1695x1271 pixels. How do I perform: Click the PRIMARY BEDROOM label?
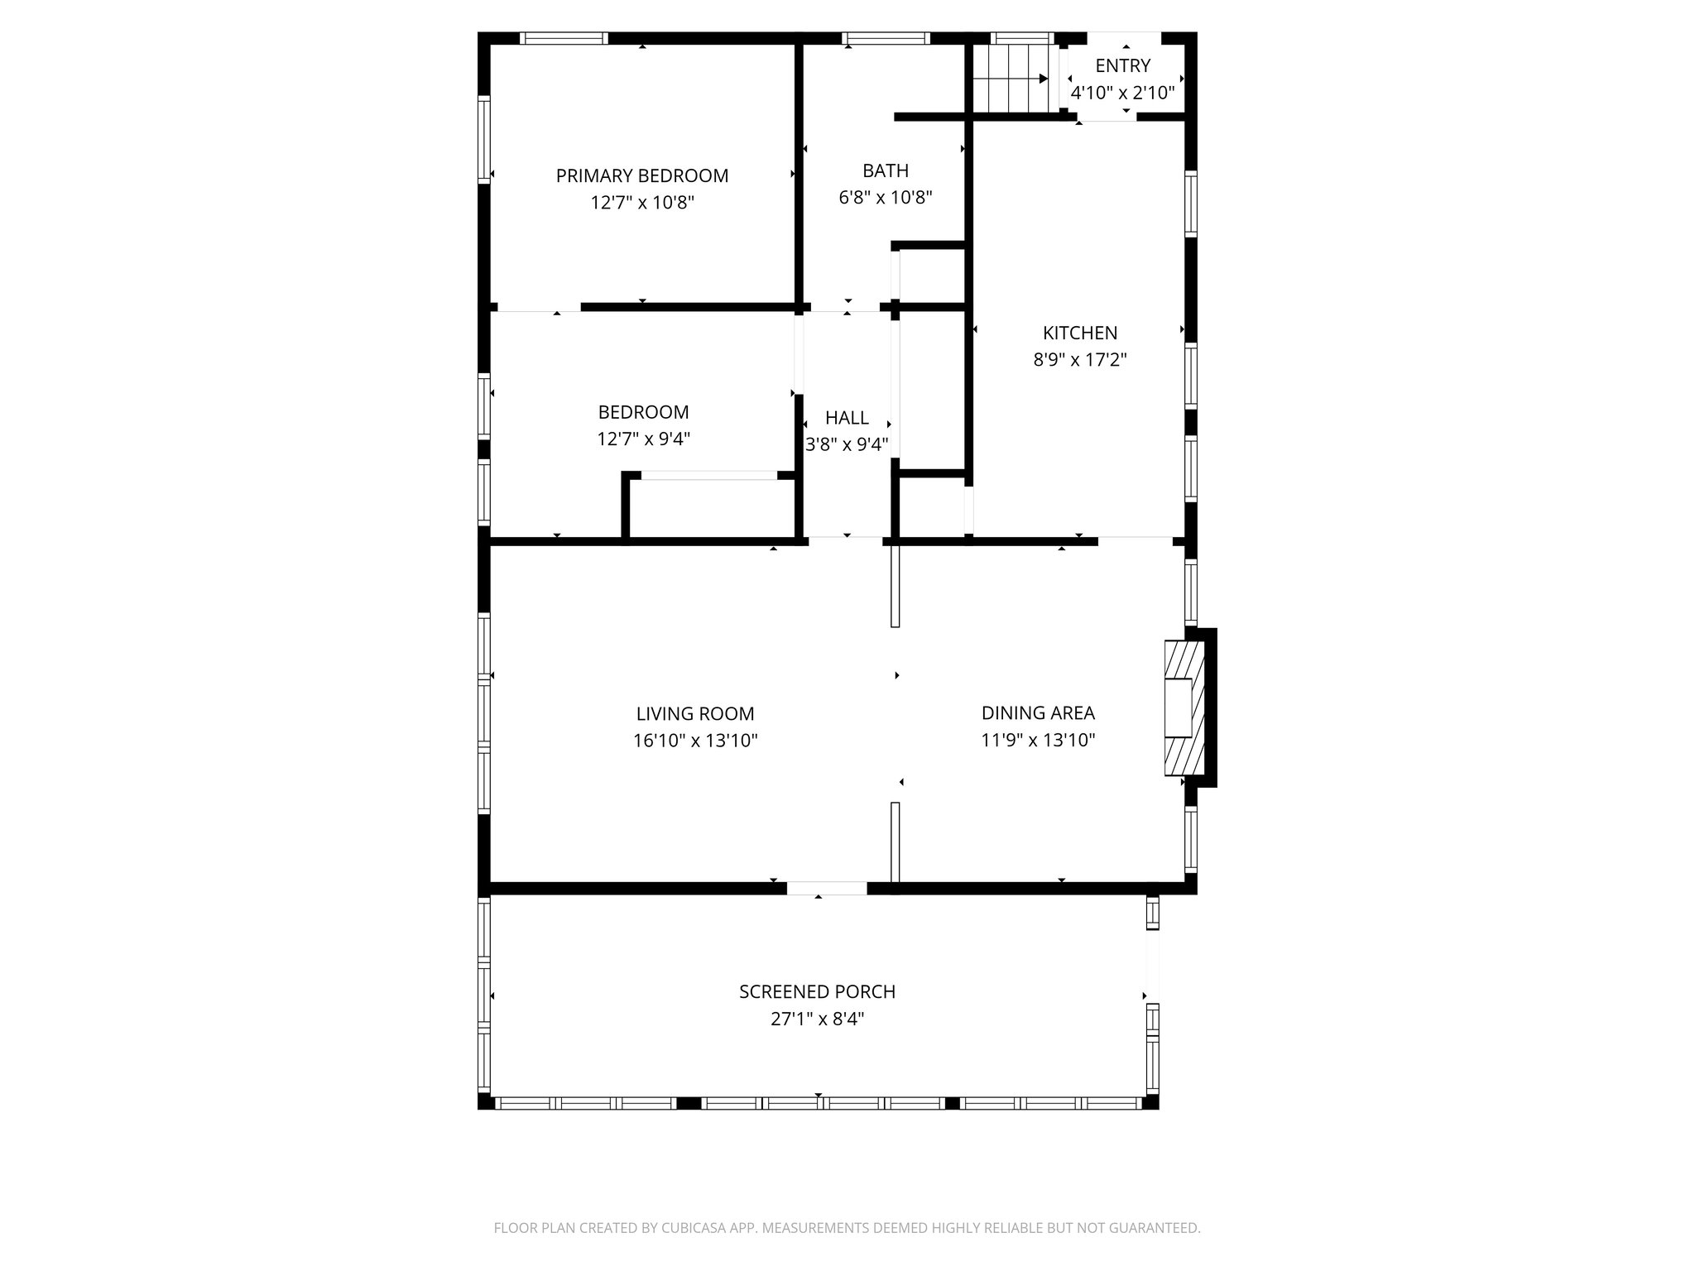[x=641, y=175]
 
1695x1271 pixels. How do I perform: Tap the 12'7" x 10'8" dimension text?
[x=641, y=203]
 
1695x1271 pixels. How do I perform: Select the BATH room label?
[x=886, y=170]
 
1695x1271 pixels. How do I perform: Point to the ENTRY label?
[x=1122, y=65]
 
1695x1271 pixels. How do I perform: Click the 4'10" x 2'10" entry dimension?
[x=1122, y=93]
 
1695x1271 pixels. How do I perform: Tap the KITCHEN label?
[x=1079, y=333]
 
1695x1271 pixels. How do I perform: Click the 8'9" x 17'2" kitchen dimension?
[x=1079, y=360]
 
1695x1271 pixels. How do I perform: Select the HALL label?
[x=847, y=418]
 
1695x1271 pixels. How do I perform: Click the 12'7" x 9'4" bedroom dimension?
[x=643, y=439]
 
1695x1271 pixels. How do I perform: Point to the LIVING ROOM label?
[x=695, y=713]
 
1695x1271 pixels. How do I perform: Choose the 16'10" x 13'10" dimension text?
[x=695, y=741]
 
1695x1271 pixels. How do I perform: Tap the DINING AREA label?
[x=1038, y=712]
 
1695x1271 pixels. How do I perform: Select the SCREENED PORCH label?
[x=817, y=991]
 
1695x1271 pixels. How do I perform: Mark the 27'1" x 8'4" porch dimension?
[x=817, y=1019]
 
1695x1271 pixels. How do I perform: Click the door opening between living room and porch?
[x=826, y=888]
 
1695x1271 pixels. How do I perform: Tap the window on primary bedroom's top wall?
[x=564, y=38]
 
